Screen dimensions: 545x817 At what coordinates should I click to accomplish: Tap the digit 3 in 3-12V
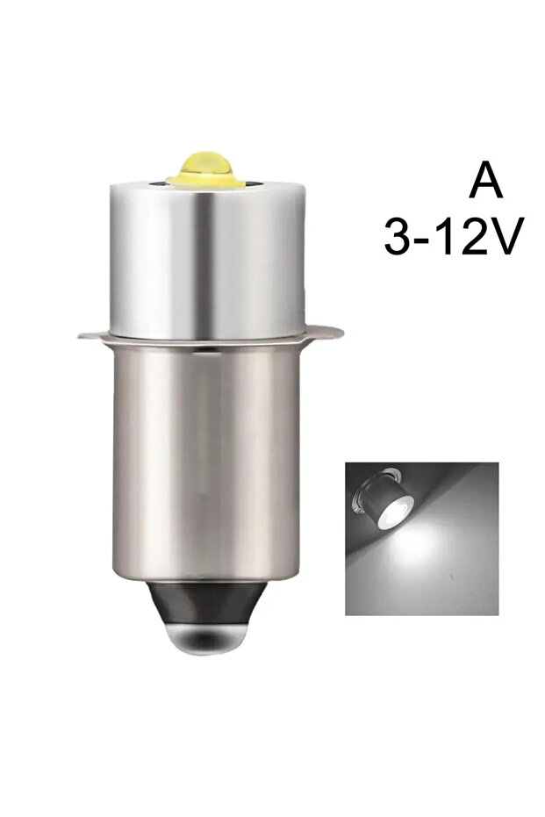(397, 237)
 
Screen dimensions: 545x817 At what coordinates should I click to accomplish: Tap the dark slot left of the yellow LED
(156, 183)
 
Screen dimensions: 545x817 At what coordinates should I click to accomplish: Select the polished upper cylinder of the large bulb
(208, 261)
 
